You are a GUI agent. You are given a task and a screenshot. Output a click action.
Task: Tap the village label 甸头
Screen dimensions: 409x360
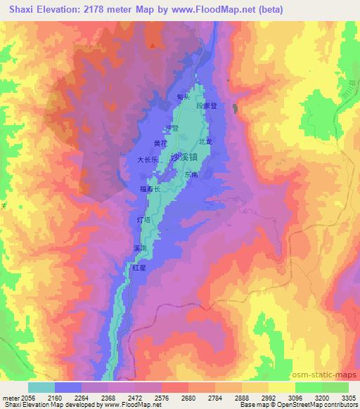point(185,97)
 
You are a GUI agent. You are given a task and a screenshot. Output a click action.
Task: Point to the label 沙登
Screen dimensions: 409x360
point(172,128)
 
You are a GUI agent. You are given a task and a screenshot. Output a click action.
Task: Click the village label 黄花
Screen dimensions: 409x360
point(161,143)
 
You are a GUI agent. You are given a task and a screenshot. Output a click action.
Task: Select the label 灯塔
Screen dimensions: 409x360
point(143,220)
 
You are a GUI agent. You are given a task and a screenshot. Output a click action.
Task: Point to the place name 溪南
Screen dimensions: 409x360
point(140,248)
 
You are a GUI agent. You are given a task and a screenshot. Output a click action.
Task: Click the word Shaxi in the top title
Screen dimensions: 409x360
point(24,9)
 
